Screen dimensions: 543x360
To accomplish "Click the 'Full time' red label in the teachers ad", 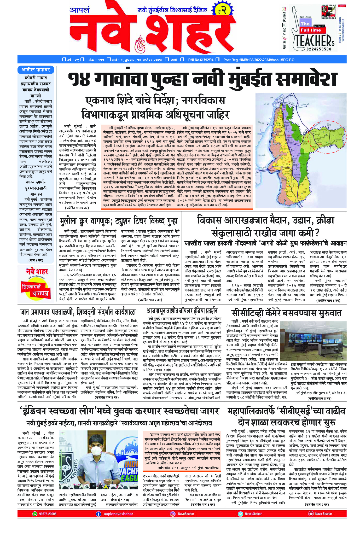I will coord(311,30).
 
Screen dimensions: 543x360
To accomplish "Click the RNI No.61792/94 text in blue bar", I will coord(201,60).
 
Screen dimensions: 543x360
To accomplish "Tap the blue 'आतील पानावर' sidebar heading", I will coord(36,70).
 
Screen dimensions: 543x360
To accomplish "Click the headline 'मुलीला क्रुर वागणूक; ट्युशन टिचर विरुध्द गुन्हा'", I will coord(119,221).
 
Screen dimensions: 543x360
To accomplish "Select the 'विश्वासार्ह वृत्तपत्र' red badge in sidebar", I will coord(35,290).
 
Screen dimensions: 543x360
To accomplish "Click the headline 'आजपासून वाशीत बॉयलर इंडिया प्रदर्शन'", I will coord(182,311).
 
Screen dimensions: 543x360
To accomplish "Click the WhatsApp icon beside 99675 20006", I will coord(35,514).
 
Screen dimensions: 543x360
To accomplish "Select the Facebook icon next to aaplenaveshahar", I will coord(98,514).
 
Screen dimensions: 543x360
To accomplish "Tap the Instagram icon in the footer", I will coord(173,514).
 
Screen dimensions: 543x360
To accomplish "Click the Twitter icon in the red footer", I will coord(240,514).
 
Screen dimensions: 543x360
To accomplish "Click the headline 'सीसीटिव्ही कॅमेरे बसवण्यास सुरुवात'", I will coord(286,313).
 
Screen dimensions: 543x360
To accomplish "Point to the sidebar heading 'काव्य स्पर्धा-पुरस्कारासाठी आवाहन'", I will coord(36,188).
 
